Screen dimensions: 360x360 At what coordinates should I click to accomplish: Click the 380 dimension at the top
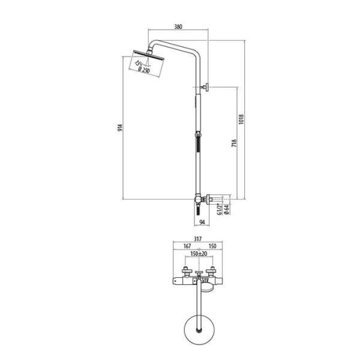coord(178,27)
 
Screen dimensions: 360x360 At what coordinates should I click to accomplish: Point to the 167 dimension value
coord(185,246)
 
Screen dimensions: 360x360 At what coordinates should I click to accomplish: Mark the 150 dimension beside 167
coord(211,246)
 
